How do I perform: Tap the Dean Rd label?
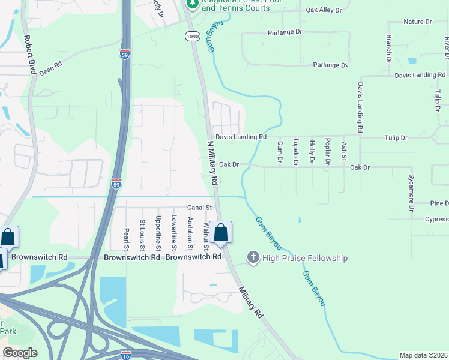pos(51,67)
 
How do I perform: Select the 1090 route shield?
pos(191,37)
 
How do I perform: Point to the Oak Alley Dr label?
pos(324,10)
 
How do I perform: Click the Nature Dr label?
pos(417,22)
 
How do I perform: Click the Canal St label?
pos(200,207)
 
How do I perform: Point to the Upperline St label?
pos(158,233)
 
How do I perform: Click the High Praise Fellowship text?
pos(305,258)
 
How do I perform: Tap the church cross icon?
pos(253,258)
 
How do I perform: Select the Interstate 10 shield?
pos(126,355)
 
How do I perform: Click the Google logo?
pos(20,353)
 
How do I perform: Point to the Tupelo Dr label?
pos(295,152)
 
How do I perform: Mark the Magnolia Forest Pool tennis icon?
pos(192,5)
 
